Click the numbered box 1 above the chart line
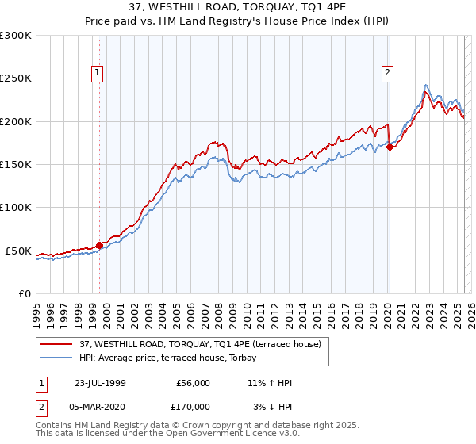(x=97, y=74)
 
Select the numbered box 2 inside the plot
(x=388, y=74)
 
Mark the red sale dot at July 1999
(x=100, y=245)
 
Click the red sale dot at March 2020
(x=390, y=147)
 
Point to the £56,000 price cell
(x=191, y=383)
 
